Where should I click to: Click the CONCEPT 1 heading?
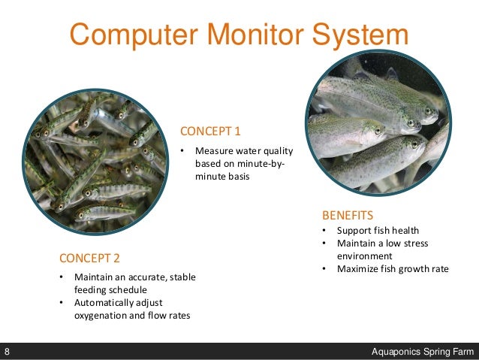click(x=210, y=132)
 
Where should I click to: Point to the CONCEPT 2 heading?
click(x=89, y=259)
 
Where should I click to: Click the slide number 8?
click(x=7, y=352)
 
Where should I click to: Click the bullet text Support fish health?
click(x=378, y=231)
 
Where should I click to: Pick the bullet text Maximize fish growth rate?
click(x=393, y=268)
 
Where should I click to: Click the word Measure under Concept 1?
click(x=215, y=151)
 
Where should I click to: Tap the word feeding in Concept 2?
click(x=91, y=290)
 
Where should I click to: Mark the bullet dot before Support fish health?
click(x=324, y=231)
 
